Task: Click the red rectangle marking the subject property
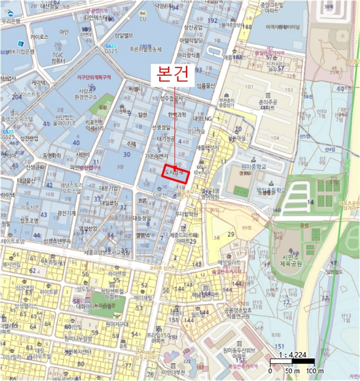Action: coord(176,174)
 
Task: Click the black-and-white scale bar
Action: coord(293,361)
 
